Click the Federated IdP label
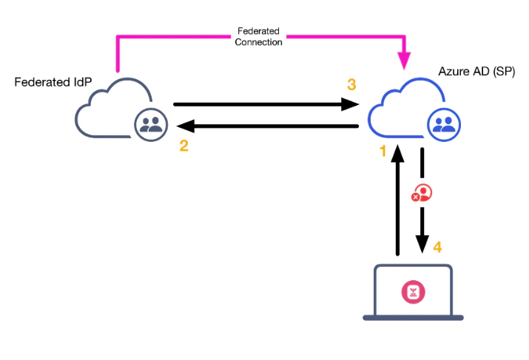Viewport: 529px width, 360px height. [x=53, y=81]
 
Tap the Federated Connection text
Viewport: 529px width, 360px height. [x=258, y=37]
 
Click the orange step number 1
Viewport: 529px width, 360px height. [x=383, y=152]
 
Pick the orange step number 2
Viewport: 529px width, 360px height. [x=183, y=146]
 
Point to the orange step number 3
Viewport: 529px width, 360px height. [x=351, y=85]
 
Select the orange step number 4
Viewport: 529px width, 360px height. [x=437, y=247]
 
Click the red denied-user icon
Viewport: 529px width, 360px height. [x=422, y=193]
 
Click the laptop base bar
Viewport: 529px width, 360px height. [x=413, y=317]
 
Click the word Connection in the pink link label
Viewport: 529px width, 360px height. [x=258, y=42]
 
